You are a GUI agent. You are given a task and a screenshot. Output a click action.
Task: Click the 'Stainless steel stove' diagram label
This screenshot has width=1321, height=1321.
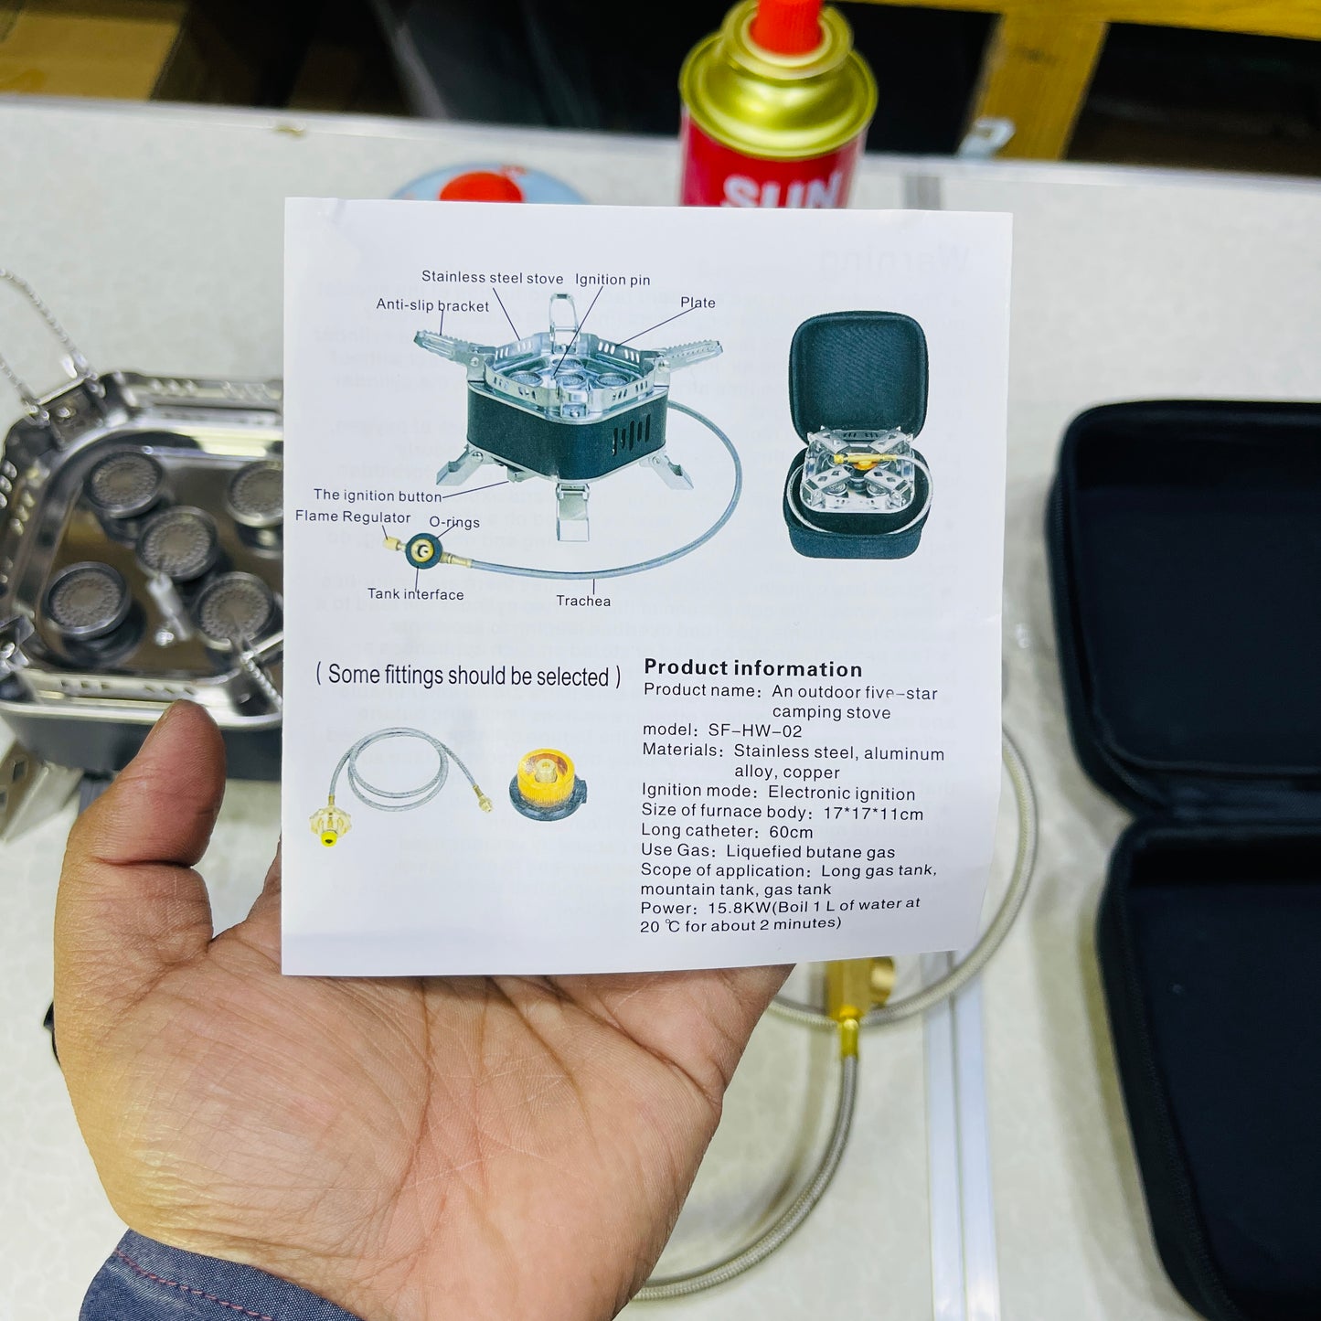coord(492,277)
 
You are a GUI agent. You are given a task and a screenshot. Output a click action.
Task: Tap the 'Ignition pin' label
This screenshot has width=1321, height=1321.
coord(613,280)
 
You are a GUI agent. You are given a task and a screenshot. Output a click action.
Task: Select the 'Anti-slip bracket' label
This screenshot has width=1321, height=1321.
coord(432,305)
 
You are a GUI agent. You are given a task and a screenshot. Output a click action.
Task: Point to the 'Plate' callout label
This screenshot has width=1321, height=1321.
coord(698,303)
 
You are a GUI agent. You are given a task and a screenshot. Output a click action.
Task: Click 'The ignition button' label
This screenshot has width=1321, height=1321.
coord(377,495)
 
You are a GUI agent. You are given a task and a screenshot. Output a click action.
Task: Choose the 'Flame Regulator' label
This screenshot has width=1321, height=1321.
coord(352,517)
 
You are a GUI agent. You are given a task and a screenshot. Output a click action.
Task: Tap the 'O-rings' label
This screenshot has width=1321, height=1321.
coord(454,522)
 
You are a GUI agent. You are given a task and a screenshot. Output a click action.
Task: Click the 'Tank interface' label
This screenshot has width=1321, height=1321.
coord(415,594)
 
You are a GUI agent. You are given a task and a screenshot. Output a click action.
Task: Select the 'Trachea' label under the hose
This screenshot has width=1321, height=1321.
coord(583,601)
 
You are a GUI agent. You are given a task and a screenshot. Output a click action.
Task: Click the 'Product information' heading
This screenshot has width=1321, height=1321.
coord(752,668)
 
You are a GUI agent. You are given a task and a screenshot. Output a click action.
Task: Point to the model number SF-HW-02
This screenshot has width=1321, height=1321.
coord(754,730)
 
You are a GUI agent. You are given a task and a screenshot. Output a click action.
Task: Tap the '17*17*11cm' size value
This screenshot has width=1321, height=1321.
coord(873,813)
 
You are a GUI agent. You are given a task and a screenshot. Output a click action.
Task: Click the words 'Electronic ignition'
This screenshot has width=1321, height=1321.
coord(841,793)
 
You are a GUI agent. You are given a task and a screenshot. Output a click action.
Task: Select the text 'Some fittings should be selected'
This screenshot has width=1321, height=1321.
coord(468,676)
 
